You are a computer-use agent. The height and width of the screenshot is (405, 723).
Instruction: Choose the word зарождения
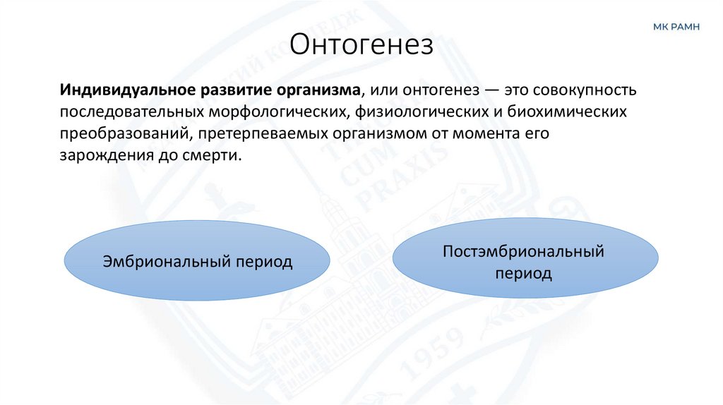pyautogui.click(x=100, y=156)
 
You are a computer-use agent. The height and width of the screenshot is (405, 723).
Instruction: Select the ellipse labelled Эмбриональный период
pyautogui.click(x=197, y=261)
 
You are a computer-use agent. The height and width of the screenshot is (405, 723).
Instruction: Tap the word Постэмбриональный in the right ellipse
pyautogui.click(x=523, y=251)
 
